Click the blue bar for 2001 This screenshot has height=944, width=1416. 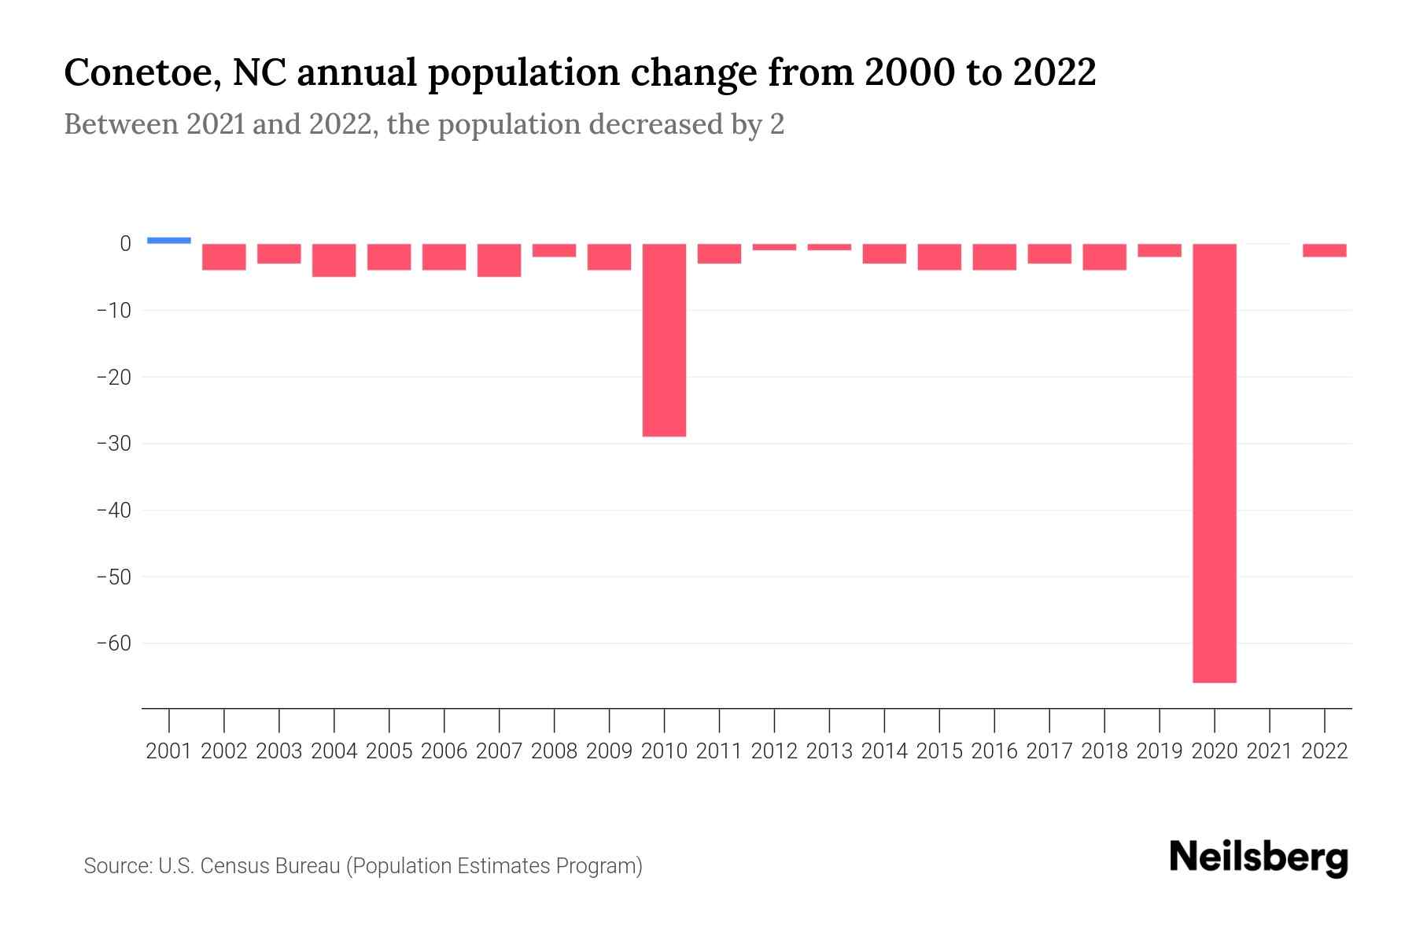pyautogui.click(x=169, y=241)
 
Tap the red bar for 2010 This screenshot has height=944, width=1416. pyautogui.click(x=664, y=340)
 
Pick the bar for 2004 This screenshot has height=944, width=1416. pyautogui.click(x=334, y=260)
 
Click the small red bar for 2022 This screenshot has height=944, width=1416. pyautogui.click(x=1325, y=251)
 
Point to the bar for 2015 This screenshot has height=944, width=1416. pyautogui.click(x=939, y=257)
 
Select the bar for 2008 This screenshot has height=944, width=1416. pyautogui.click(x=554, y=251)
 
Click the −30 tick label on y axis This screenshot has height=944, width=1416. pyautogui.click(x=113, y=444)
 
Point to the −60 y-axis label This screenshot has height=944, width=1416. pyautogui.click(x=113, y=643)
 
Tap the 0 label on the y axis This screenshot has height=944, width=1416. pyautogui.click(x=124, y=244)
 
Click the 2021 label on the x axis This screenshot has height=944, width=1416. pyautogui.click(x=1270, y=751)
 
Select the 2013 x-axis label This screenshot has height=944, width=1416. pyautogui.click(x=829, y=751)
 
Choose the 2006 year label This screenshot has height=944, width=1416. pyautogui.click(x=444, y=751)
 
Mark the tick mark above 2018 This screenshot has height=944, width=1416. pyautogui.click(x=1104, y=719)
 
